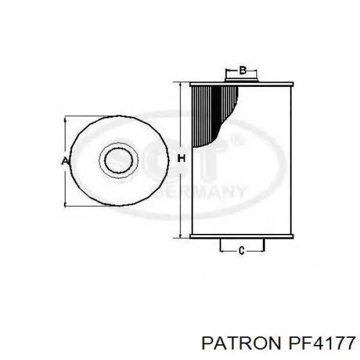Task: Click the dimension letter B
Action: pos(242,70)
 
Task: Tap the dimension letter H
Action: pos(181,158)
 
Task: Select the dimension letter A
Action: pos(65,161)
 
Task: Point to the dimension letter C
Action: pos(241,250)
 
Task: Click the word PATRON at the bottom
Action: pos(241,343)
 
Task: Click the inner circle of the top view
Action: pos(118,160)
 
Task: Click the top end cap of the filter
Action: pos(242,84)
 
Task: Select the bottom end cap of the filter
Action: pos(242,236)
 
